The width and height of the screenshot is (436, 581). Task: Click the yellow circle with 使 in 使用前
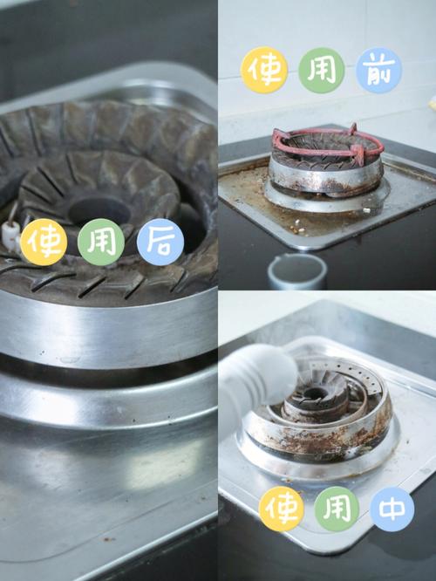point(264,70)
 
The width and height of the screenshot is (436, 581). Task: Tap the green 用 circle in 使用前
point(322,70)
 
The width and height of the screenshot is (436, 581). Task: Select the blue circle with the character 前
point(379,70)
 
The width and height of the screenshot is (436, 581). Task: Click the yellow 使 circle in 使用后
point(44,242)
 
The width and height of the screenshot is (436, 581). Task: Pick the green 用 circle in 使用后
point(101,242)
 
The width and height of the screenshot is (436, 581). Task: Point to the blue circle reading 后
point(160,242)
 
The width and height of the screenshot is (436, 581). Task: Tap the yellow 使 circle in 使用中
point(281,509)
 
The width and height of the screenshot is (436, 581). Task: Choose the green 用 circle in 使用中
point(337,509)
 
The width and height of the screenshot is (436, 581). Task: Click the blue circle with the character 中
point(392,509)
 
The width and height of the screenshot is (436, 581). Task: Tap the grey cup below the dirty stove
point(297,271)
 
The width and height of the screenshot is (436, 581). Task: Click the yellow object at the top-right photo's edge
point(433,103)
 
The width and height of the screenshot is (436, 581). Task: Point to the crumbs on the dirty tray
point(298,227)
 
